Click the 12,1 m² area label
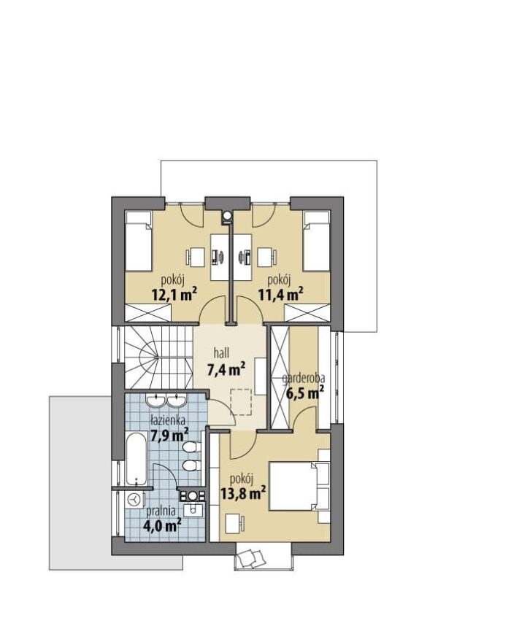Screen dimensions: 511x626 click(174, 295)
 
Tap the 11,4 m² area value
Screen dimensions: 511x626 click(280, 295)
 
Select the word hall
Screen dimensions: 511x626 click(221, 352)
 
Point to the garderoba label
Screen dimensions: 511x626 click(303, 378)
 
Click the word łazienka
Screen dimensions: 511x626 click(167, 420)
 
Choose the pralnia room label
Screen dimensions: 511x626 click(161, 511)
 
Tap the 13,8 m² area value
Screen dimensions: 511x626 click(243, 494)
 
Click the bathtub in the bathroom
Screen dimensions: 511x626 click(137, 459)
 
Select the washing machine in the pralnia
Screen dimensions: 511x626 click(135, 499)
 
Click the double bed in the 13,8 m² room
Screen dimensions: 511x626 click(299, 486)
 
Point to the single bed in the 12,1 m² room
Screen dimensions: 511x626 click(139, 241)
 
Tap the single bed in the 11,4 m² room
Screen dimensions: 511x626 click(316, 241)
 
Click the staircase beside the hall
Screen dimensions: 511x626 click(158, 357)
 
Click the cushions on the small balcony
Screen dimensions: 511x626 click(252, 557)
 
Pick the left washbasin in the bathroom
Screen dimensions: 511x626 click(154, 401)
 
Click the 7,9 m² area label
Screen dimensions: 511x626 click(169, 434)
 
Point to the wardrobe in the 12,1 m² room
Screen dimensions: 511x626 click(148, 312)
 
